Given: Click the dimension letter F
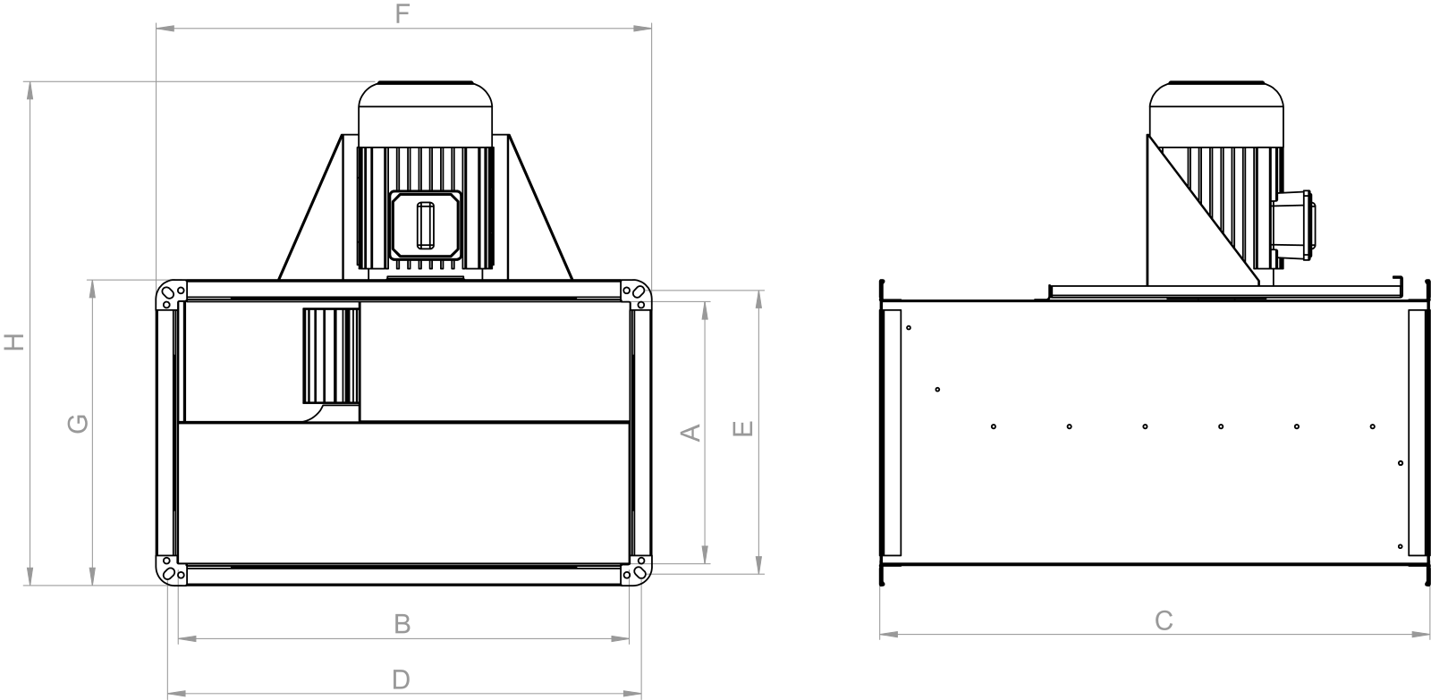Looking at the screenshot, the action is coord(402,13).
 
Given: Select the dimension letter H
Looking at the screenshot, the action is coord(14,342).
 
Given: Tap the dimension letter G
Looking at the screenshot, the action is coord(78,424).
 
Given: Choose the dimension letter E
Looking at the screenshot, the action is coord(742,428).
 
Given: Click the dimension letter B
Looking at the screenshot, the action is coord(402,624).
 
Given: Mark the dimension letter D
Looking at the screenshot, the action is coord(401,679).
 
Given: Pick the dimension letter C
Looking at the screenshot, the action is coord(1164,620).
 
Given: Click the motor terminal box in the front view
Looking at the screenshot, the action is coord(426,225).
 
